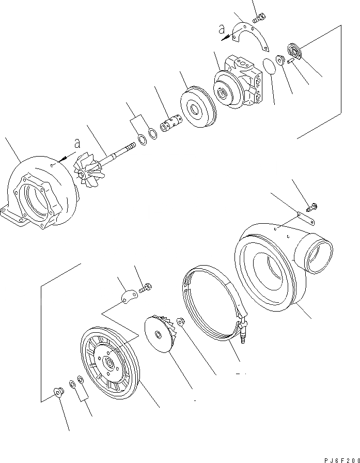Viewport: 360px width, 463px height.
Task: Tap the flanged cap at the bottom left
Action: (58, 394)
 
